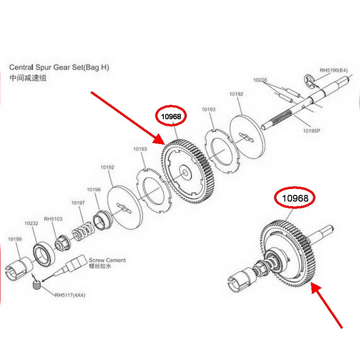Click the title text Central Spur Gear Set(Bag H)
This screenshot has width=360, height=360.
[x=59, y=67]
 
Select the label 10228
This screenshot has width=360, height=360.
[x=260, y=80]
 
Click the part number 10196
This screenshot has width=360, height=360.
[x=94, y=189]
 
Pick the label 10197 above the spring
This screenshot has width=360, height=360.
[x=78, y=203]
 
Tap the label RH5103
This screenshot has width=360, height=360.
[x=53, y=219]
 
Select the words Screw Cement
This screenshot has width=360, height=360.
[x=107, y=260]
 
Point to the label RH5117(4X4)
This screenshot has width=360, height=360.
[x=70, y=296]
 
